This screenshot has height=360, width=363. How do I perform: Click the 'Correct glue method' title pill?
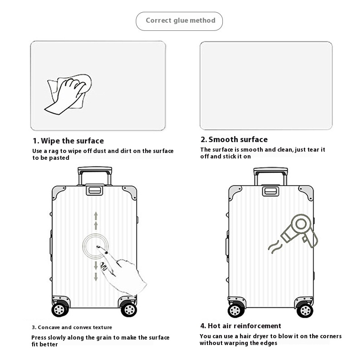(179, 21)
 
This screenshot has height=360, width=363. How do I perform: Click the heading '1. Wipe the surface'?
(69, 141)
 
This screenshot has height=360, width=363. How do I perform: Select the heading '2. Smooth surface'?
(234, 139)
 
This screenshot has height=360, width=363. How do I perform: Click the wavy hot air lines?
(275, 247)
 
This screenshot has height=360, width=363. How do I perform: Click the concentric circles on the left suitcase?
(95, 246)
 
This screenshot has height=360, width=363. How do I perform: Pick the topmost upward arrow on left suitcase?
(96, 216)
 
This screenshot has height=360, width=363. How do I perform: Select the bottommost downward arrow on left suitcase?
(96, 277)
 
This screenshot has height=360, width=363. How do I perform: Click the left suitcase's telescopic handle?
(95, 176)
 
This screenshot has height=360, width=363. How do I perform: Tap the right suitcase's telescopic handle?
(270, 176)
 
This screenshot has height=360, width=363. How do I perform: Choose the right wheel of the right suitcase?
(304, 310)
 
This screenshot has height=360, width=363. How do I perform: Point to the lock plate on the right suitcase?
(270, 191)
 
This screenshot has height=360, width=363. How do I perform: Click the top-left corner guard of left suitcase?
(58, 192)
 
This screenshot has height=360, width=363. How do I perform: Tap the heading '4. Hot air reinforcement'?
(241, 326)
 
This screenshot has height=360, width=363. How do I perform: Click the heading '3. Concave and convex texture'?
(72, 327)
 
